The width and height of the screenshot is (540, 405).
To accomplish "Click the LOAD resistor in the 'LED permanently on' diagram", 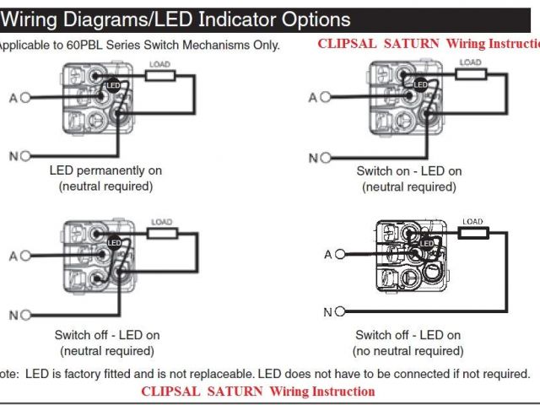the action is tap(160, 75).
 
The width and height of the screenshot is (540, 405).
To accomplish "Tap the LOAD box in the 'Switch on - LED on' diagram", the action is tap(470, 73).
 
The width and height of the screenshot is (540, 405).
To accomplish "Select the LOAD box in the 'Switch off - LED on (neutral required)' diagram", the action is tap(160, 233).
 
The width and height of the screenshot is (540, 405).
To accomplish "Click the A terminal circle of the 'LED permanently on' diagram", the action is tap(25, 97).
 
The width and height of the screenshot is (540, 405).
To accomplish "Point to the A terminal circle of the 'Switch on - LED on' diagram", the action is tap(326, 97).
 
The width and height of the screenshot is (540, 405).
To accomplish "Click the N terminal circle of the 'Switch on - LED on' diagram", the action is tap(326, 157).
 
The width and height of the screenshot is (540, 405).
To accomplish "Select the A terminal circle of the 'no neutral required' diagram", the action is tap(340, 254).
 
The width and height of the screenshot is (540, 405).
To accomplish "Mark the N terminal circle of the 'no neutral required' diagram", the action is tap(340, 311).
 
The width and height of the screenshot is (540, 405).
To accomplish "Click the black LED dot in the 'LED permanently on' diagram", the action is tap(113, 84).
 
